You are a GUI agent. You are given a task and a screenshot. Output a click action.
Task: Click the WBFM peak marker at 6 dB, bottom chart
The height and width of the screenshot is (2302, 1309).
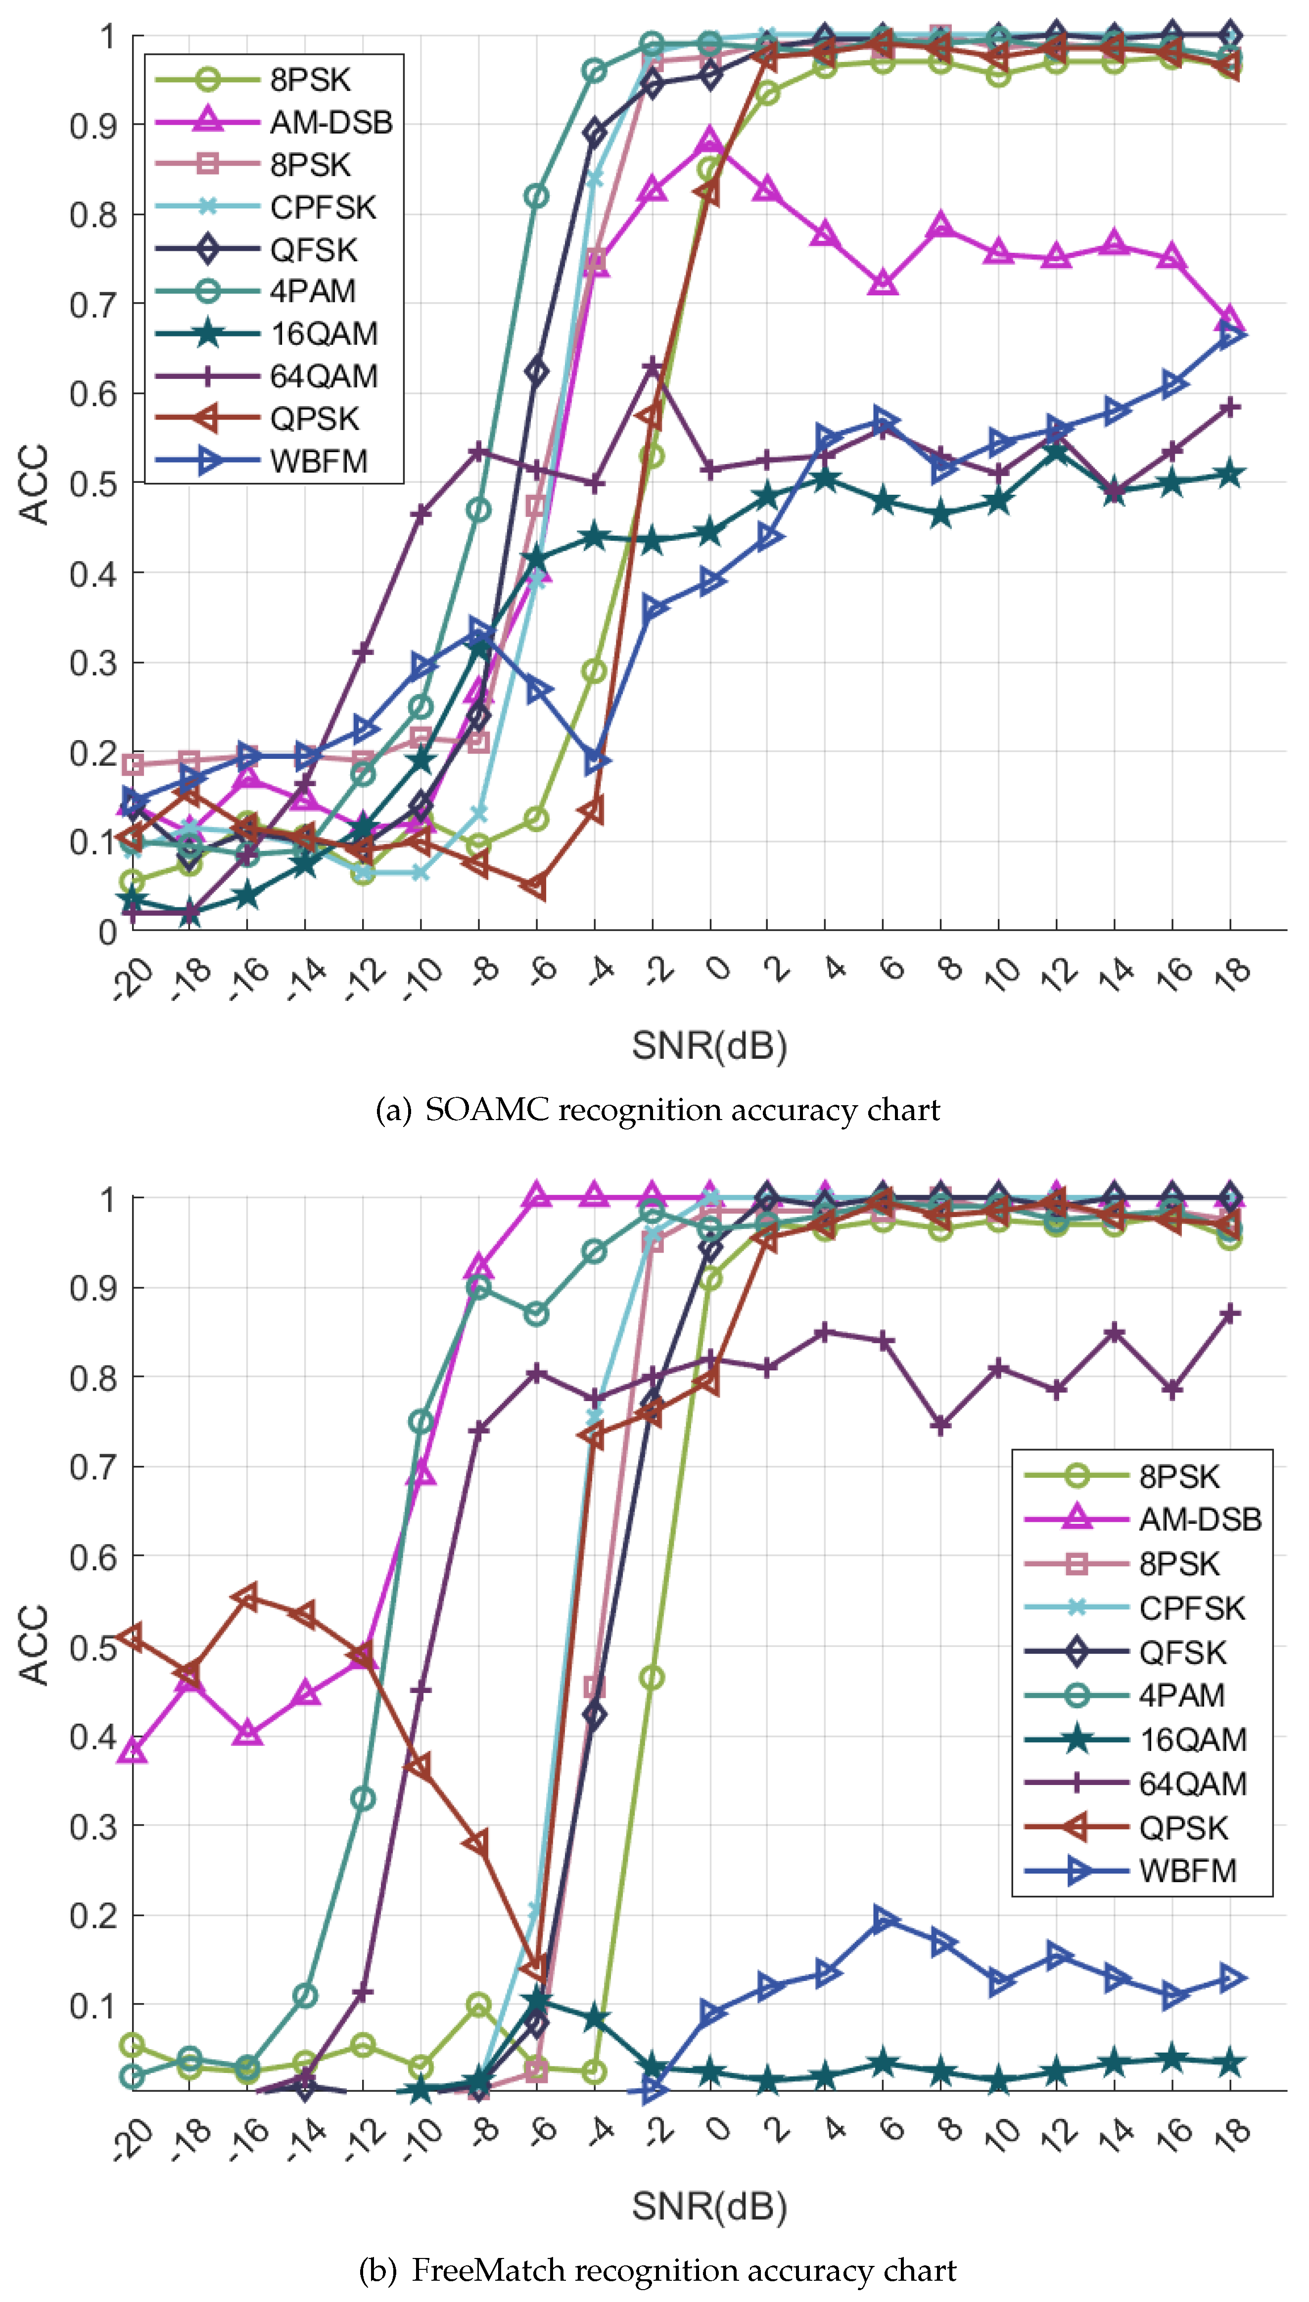pos(884,1919)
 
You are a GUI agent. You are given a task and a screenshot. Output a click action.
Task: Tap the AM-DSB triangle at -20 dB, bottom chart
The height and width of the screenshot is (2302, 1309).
pos(133,1751)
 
